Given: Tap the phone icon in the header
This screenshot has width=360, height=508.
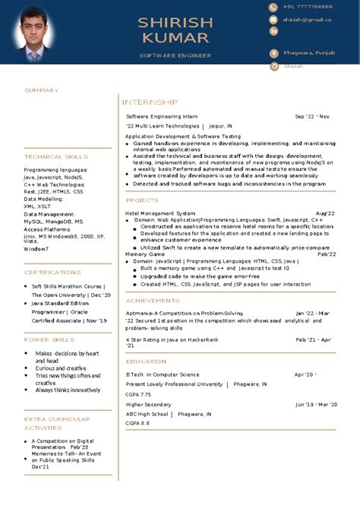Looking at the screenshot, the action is click(273, 7).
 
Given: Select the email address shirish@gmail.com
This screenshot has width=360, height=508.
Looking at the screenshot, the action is click(308, 19).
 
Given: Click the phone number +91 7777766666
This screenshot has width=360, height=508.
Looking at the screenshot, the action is click(308, 7).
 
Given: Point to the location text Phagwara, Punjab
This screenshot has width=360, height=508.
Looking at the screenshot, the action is click(308, 53).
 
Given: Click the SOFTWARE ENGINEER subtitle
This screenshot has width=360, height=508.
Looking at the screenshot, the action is click(175, 55).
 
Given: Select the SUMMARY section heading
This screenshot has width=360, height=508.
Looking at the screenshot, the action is click(41, 90).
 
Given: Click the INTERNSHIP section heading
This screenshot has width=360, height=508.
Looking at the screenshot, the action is click(150, 102).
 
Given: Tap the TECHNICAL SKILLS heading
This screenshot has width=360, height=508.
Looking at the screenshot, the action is click(55, 156).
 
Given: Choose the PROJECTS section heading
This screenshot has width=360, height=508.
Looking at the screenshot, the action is click(142, 200).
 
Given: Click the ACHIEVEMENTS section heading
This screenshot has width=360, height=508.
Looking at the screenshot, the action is click(153, 301).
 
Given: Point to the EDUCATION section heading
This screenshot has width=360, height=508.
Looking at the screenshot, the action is click(147, 361).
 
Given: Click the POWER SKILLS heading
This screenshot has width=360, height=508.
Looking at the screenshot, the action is click(49, 339).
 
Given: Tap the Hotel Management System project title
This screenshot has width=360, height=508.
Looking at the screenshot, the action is click(160, 213).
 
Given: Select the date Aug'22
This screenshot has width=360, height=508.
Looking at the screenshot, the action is click(325, 213).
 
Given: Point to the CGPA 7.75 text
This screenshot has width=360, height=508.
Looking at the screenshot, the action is click(138, 395).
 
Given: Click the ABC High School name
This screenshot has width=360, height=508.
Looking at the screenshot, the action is click(147, 414).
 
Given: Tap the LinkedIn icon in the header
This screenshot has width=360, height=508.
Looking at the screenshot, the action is click(273, 31).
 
